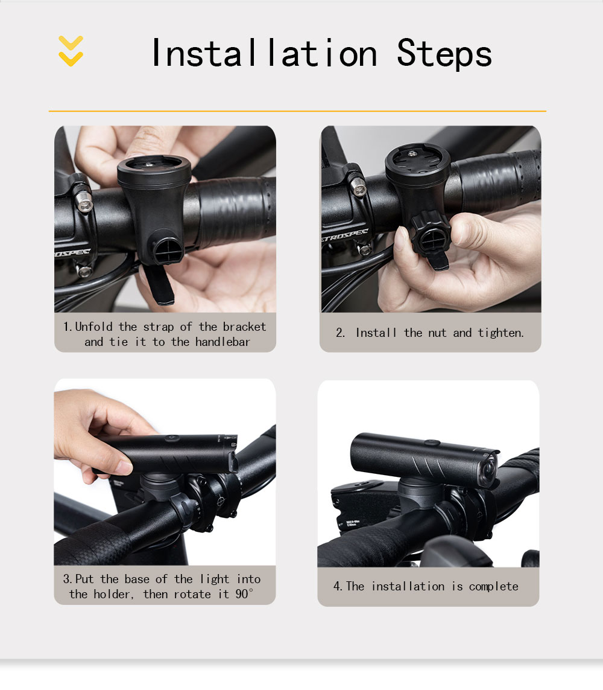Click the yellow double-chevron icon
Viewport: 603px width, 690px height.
point(71,51)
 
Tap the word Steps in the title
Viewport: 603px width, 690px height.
point(444,54)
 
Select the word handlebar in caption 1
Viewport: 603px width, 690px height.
point(223,342)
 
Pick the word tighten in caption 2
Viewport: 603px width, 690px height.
point(500,333)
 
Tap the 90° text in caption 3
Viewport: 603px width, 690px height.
point(244,594)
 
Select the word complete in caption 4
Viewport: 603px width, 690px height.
point(494,587)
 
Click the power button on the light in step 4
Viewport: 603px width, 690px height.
point(432,442)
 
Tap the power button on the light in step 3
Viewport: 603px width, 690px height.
point(171,438)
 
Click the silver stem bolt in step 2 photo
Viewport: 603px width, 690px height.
point(359,188)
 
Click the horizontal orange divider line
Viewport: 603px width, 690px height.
point(297,111)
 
